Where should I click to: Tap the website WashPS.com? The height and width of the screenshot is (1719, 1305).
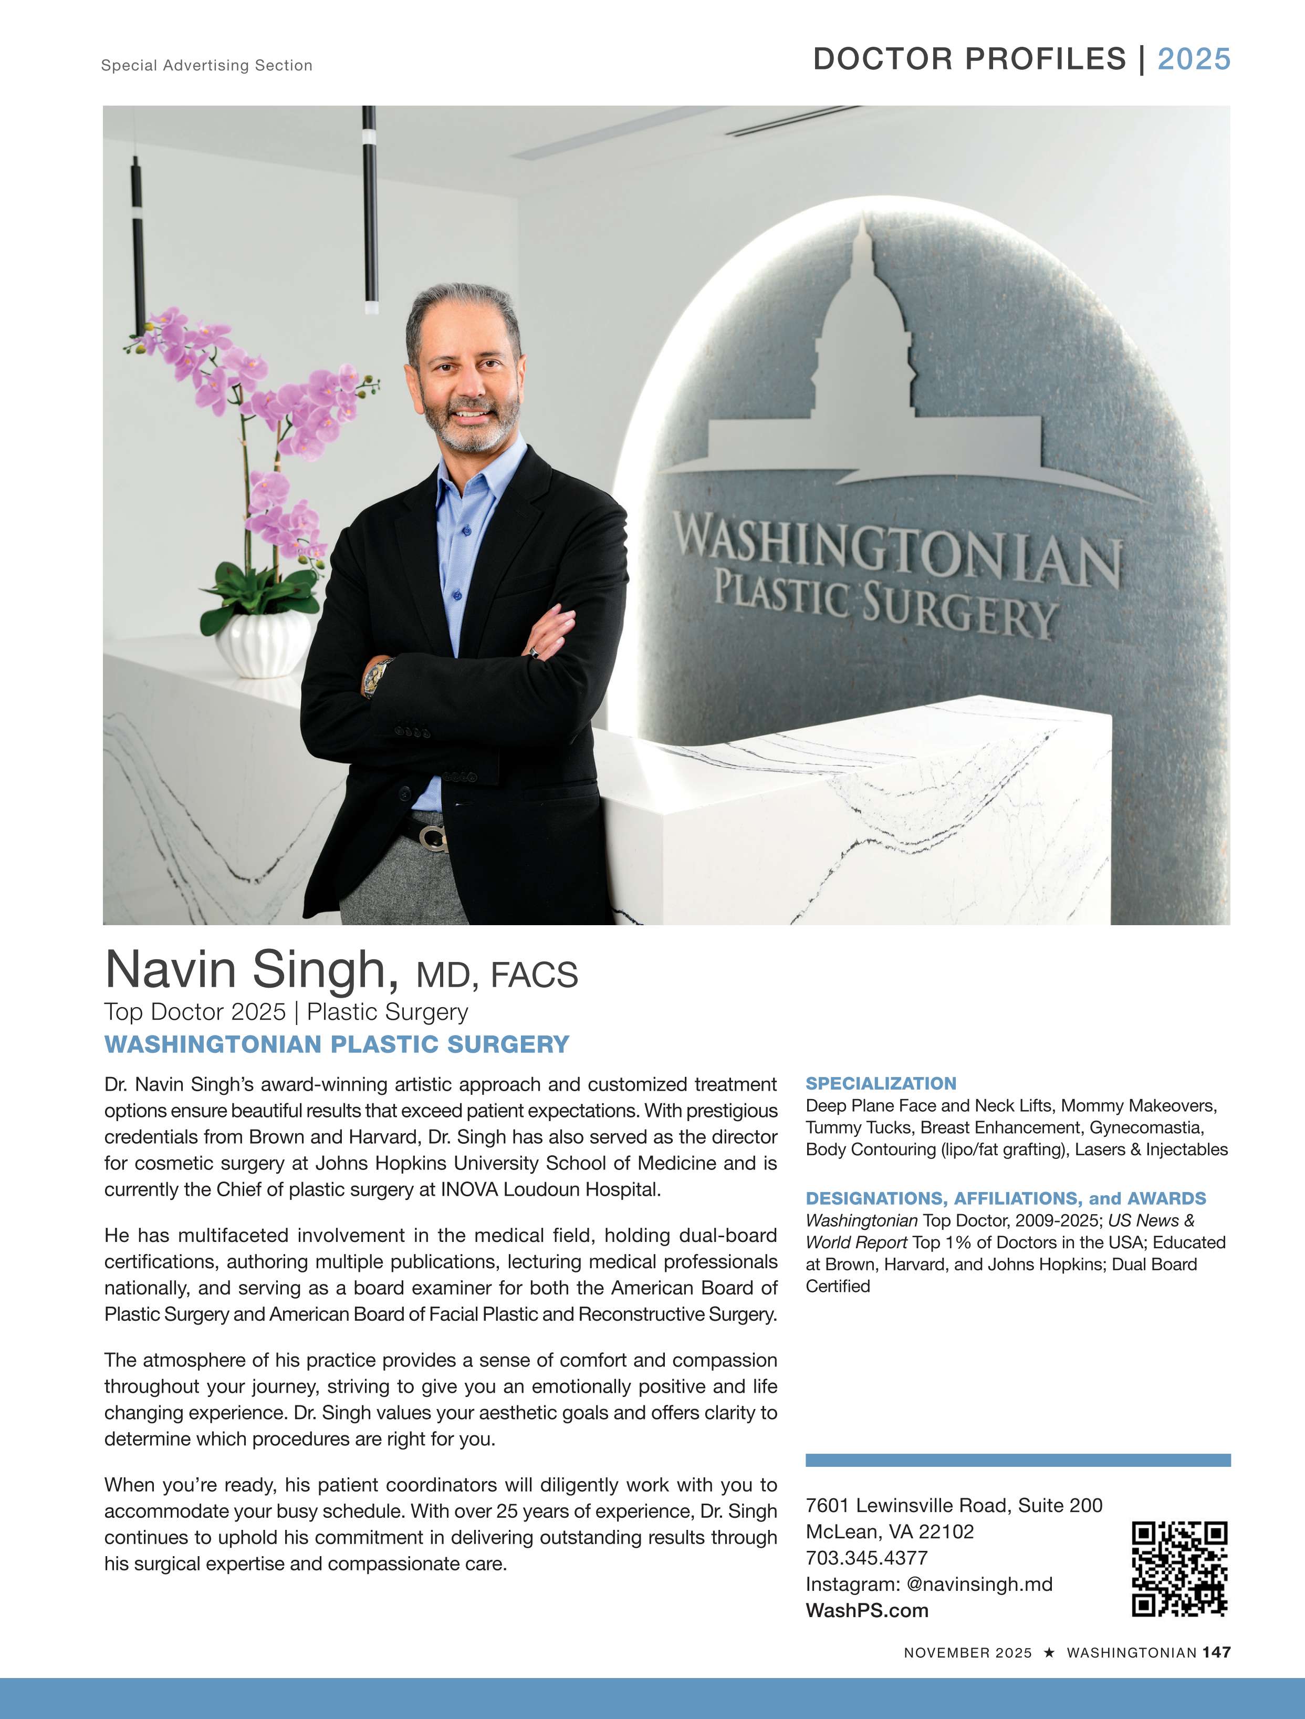(x=867, y=1610)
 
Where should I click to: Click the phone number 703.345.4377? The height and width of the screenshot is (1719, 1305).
(x=866, y=1557)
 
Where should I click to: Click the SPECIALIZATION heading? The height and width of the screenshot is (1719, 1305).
(x=881, y=1083)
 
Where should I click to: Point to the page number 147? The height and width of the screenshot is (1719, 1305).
(x=1216, y=1652)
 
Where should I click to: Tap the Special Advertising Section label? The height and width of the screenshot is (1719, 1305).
(x=206, y=65)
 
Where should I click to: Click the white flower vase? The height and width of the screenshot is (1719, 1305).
(x=263, y=644)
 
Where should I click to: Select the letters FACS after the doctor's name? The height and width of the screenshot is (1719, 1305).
(x=535, y=975)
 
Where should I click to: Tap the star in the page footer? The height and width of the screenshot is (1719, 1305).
(x=1049, y=1652)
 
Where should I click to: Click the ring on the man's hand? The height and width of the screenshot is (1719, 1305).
(x=535, y=653)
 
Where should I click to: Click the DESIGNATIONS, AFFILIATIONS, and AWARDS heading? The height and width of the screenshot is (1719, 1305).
(x=1005, y=1198)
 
